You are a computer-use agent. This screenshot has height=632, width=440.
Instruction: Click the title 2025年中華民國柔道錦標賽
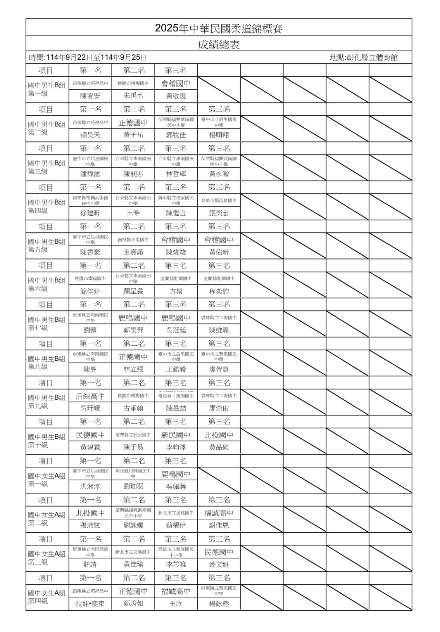point(219,28)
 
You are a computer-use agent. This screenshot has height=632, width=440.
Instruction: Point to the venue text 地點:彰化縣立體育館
point(364,58)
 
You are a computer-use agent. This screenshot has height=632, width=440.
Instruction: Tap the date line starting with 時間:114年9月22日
point(88,58)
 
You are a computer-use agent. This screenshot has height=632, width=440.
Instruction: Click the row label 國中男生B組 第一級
point(47,90)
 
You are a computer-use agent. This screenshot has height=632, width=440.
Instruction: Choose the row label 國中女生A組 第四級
point(47,597)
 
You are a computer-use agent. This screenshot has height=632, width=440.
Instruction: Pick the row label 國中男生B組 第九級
point(47,402)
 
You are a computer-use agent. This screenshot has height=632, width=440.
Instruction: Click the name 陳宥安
point(90,96)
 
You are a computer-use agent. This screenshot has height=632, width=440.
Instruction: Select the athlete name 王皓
point(133,213)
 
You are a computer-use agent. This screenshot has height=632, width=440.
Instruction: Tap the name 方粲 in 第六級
point(176,291)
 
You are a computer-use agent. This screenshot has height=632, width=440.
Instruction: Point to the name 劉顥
point(90,330)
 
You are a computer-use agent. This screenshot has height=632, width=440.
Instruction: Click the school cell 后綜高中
point(90,396)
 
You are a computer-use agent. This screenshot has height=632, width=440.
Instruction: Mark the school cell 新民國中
point(176,435)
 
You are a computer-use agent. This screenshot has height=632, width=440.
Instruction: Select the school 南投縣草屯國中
point(133,240)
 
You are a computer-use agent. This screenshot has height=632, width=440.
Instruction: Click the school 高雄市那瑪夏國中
point(219,201)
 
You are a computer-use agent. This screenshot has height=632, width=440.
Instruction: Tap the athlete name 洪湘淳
point(90,487)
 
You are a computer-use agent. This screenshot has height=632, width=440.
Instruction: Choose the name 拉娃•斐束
point(90,604)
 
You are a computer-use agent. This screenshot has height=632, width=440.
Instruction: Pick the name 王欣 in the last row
point(176,604)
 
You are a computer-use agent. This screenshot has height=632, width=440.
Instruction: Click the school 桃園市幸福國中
point(90,279)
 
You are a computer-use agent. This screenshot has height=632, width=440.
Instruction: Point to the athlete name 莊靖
point(90,564)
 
